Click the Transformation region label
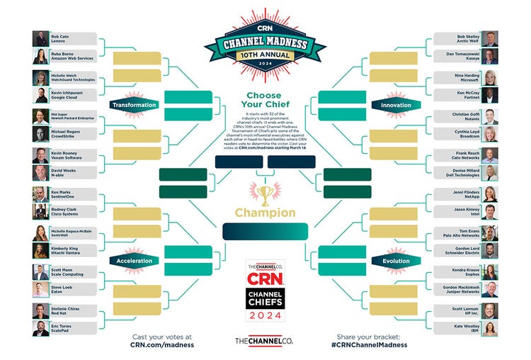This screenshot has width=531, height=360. click(x=132, y=105)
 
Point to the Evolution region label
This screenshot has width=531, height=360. click(x=396, y=260)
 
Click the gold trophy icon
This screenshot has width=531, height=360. click(x=265, y=194)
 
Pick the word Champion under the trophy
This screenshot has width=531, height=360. click(x=265, y=213)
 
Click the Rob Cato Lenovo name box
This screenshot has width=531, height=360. click(x=73, y=39)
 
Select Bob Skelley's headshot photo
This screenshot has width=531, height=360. click(x=490, y=39)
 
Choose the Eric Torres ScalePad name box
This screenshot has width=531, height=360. click(x=73, y=328)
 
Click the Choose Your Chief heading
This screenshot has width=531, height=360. click(x=265, y=100)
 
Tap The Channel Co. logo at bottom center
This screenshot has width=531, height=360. click(x=265, y=341)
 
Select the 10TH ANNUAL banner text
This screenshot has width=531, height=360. click(x=265, y=53)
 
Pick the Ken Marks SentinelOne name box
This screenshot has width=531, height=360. click(x=73, y=193)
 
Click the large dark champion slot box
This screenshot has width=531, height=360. click(x=265, y=231)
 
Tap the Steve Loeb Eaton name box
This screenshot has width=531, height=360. click(x=73, y=289)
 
